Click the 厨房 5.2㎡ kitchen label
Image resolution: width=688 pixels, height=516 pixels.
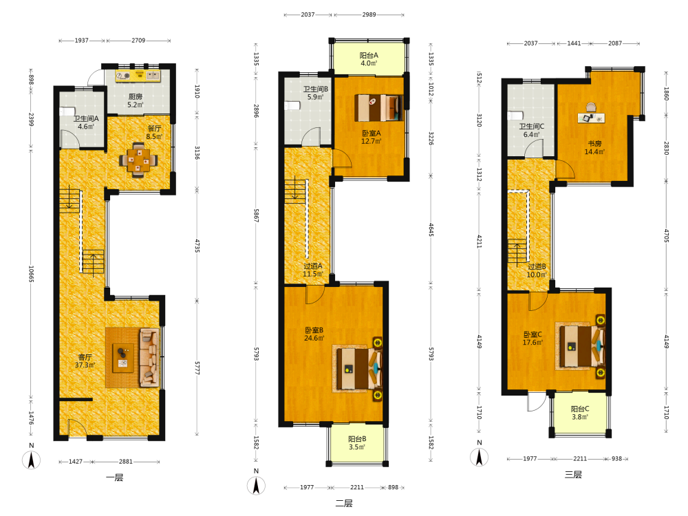135,100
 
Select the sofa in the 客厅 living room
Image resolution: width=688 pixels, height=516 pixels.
149,358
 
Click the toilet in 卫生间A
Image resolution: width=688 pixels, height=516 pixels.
68,111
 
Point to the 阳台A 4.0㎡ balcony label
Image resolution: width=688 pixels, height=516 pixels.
369,59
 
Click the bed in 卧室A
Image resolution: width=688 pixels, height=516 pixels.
378,108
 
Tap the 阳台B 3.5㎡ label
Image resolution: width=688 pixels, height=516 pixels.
356,442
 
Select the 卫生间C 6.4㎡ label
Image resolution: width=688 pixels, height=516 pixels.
531,130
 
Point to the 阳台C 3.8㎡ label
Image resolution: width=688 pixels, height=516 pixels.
579,412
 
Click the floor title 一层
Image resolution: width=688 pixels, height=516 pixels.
114,477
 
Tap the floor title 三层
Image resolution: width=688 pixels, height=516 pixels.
573,474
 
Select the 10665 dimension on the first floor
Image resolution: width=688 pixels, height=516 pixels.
31,274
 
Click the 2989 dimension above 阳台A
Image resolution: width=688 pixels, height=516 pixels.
369,14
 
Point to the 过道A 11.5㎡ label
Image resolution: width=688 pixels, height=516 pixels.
313,270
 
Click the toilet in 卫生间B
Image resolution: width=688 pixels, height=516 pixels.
292,106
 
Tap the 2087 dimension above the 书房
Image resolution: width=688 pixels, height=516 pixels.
614,43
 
